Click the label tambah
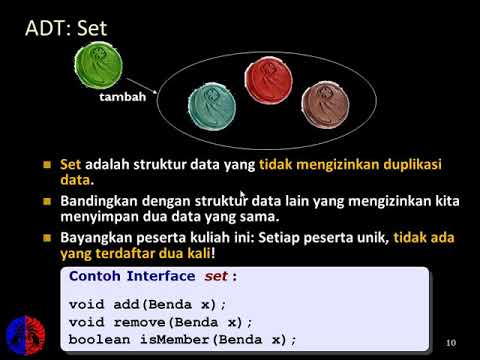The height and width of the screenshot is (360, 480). coord(123,98)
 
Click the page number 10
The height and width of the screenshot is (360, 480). coord(450,343)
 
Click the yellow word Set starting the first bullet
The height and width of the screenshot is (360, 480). coord(70,164)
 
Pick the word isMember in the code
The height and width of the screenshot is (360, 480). coord(186,339)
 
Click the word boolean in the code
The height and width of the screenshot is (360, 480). coord(98,339)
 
